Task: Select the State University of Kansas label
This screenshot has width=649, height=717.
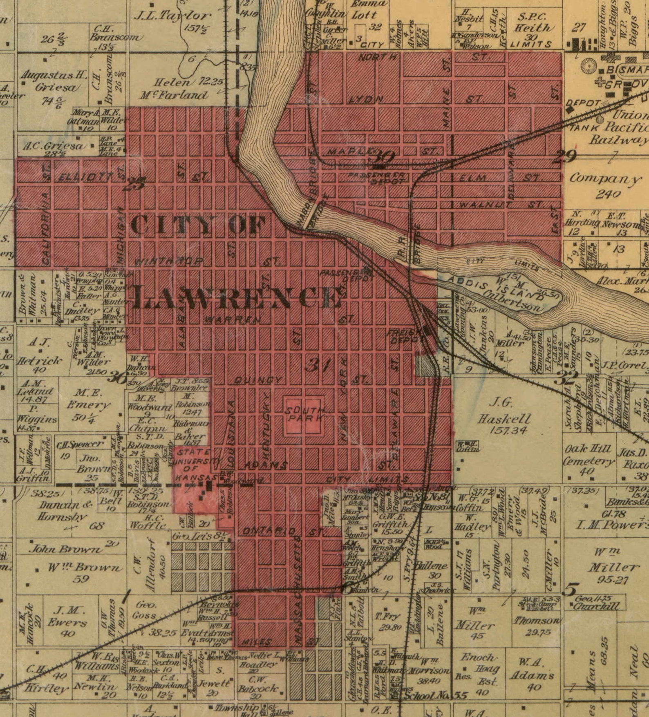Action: coord(194,465)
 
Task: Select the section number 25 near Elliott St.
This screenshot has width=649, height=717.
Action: coord(134,184)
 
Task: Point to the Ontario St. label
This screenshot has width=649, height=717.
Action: coord(282,531)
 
